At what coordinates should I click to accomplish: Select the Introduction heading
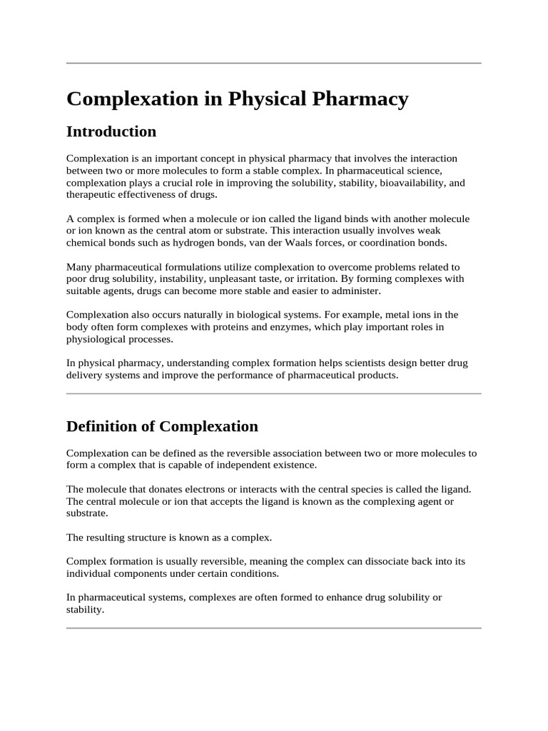111,132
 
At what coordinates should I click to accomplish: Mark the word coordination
390,243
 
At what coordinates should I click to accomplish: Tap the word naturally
205,315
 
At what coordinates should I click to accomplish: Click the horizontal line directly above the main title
274,64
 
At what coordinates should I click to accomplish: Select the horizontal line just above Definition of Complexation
274,393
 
